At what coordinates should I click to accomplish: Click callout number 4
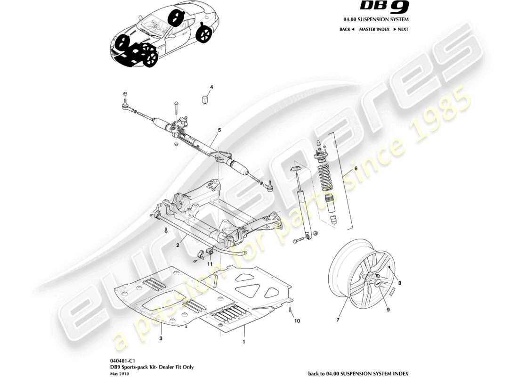[211, 87]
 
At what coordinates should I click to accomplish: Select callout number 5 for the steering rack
[219, 129]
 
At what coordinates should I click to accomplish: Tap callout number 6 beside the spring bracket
[356, 168]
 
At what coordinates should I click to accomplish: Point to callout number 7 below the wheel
[338, 320]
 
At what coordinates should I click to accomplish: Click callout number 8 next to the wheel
[400, 284]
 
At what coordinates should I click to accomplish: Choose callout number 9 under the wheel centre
[388, 310]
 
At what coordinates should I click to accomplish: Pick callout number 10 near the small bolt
[297, 321]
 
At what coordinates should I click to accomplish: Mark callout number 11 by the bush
[210, 263]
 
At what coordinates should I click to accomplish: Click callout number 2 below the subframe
[178, 246]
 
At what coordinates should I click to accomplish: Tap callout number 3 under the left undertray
[161, 338]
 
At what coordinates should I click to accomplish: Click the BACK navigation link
[347, 29]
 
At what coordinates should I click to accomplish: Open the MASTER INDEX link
[374, 29]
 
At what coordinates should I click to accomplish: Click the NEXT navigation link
[401, 29]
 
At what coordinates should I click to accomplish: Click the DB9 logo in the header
[384, 7]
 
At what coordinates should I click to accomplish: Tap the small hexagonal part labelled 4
[205, 101]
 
